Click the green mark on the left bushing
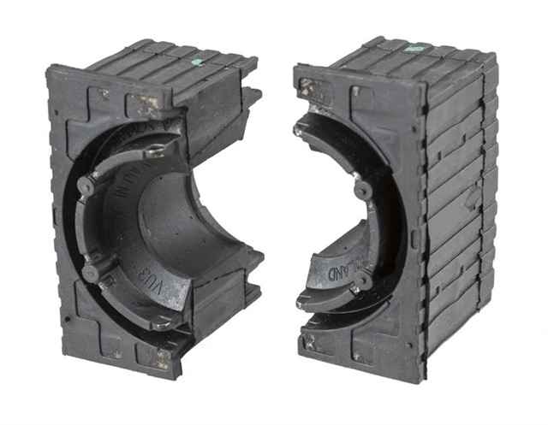197,62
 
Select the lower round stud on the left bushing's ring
90,272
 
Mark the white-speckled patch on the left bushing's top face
149,105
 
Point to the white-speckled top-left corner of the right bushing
308,87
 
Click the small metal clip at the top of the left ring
155,151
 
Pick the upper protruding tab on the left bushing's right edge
250,96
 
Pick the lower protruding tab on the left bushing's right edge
253,261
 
